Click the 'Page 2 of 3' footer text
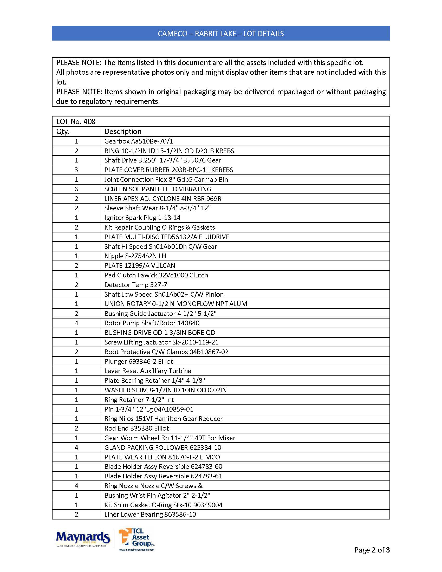point(372,550)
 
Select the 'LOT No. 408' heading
point(76,121)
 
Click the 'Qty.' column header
point(63,132)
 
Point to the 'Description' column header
point(123,132)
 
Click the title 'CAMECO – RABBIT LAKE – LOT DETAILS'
point(221,34)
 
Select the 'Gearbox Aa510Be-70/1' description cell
point(139,141)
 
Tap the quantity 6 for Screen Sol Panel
point(76,189)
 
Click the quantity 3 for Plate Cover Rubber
point(76,170)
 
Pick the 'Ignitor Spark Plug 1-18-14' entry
point(142,218)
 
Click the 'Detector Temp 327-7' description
point(136,285)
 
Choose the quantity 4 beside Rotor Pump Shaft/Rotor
point(76,323)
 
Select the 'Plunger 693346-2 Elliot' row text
point(139,361)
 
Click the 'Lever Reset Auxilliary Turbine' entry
point(148,371)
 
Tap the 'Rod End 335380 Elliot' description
point(136,428)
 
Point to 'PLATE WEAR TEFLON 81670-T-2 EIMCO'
point(162,457)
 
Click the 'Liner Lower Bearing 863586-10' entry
point(150,514)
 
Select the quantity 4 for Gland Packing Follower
point(76,447)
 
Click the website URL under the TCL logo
point(137,550)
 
